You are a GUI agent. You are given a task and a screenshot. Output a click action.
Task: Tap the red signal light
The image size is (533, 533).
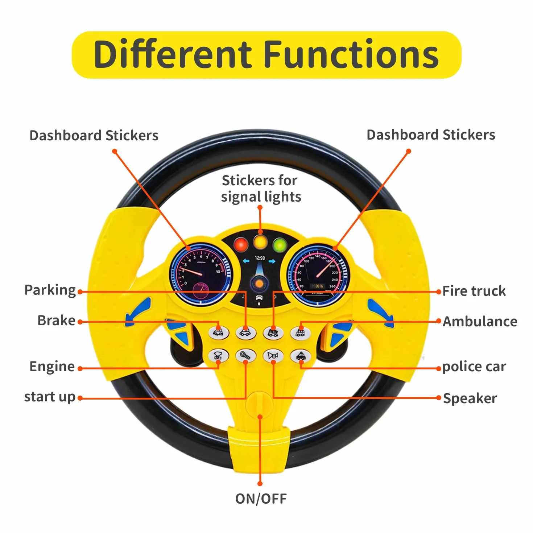click(x=241, y=244)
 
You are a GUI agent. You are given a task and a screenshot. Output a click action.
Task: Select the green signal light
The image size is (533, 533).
click(x=280, y=245)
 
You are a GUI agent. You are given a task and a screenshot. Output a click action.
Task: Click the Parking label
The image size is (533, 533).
click(x=50, y=290)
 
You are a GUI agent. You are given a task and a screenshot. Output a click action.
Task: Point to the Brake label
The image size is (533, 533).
click(x=57, y=321)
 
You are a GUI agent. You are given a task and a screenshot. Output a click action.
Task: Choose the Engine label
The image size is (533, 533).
click(x=52, y=367)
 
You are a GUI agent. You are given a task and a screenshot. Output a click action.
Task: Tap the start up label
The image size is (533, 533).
click(x=50, y=397)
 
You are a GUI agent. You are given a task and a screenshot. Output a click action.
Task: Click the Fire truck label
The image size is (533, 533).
click(x=474, y=291)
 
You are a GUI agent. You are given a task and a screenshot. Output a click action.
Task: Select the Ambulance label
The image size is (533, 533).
click(x=480, y=321)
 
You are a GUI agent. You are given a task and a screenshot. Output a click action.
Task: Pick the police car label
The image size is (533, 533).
click(x=474, y=367)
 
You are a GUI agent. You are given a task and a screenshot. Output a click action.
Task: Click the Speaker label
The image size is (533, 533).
click(x=470, y=398)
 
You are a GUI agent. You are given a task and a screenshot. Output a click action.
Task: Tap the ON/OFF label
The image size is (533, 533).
click(x=261, y=499)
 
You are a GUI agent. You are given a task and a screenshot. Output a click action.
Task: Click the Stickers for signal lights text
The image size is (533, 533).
click(x=261, y=189)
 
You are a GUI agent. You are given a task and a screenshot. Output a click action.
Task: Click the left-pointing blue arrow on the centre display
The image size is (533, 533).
click(x=246, y=261)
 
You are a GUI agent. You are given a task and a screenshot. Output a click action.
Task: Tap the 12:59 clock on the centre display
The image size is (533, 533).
click(x=260, y=258)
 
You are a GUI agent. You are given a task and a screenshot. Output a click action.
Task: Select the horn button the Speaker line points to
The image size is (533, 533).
click(x=273, y=356)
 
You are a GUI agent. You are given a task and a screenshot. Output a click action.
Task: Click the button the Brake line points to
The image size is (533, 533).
click(x=219, y=332)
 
